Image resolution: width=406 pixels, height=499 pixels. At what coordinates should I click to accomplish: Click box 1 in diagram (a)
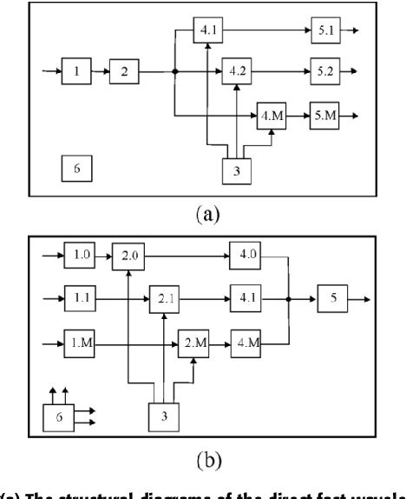point(77,71)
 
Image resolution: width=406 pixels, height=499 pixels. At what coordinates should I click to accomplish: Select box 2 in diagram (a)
point(124,71)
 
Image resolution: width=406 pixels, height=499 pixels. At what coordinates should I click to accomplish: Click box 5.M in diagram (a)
point(325,116)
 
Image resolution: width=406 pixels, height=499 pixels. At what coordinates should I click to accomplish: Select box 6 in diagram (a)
point(76,170)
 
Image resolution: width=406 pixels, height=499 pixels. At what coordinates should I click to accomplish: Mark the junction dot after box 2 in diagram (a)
point(175,71)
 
